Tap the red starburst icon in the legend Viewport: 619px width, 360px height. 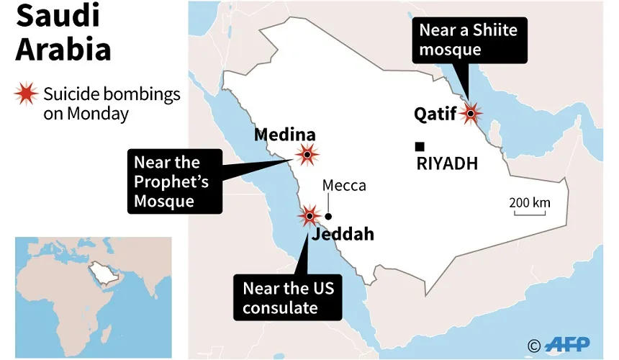tap(27, 95)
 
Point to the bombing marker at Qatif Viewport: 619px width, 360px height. tap(471, 113)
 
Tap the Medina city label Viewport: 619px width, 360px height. tap(285, 135)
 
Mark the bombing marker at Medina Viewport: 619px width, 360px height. tap(308, 154)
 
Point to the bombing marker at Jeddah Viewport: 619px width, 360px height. tap(309, 215)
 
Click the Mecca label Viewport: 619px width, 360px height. tap(344, 186)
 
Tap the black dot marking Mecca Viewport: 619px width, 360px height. tap(328, 216)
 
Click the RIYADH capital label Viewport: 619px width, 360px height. tap(447, 164)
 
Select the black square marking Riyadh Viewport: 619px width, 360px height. tap(420, 146)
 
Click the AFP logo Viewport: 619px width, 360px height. tap(569, 345)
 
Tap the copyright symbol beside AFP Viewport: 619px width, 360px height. tap(533, 346)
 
